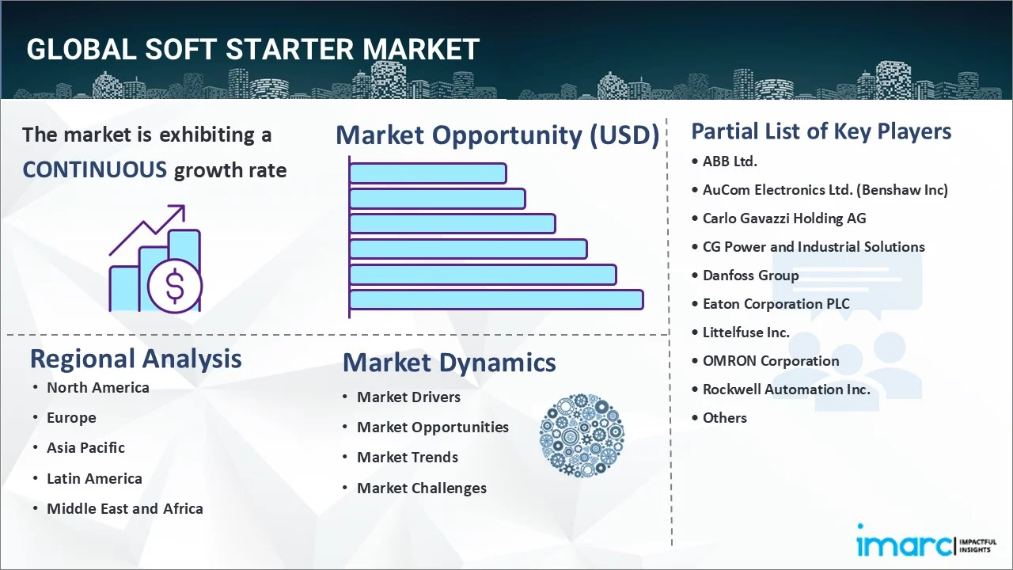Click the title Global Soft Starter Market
pyautogui.click(x=252, y=49)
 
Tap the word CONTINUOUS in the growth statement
pyautogui.click(x=94, y=169)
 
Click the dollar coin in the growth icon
pyautogui.click(x=175, y=287)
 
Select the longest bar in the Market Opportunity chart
pyautogui.click(x=496, y=300)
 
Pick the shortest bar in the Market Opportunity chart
pyautogui.click(x=427, y=173)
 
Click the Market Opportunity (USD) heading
pyautogui.click(x=497, y=135)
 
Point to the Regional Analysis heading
pyautogui.click(x=135, y=359)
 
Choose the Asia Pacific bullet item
pyautogui.click(x=85, y=448)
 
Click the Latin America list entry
pyautogui.click(x=94, y=479)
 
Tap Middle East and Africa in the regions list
pyautogui.click(x=124, y=509)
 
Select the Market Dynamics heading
pyautogui.click(x=449, y=363)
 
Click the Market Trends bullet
pyautogui.click(x=407, y=458)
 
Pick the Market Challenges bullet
pyautogui.click(x=421, y=488)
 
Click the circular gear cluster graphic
pyautogui.click(x=582, y=435)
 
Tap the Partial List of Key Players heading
pyautogui.click(x=821, y=131)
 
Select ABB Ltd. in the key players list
pyautogui.click(x=730, y=161)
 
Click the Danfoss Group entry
pyautogui.click(x=750, y=275)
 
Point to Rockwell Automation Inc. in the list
pyautogui.click(x=786, y=389)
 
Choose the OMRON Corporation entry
pyautogui.click(x=770, y=361)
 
